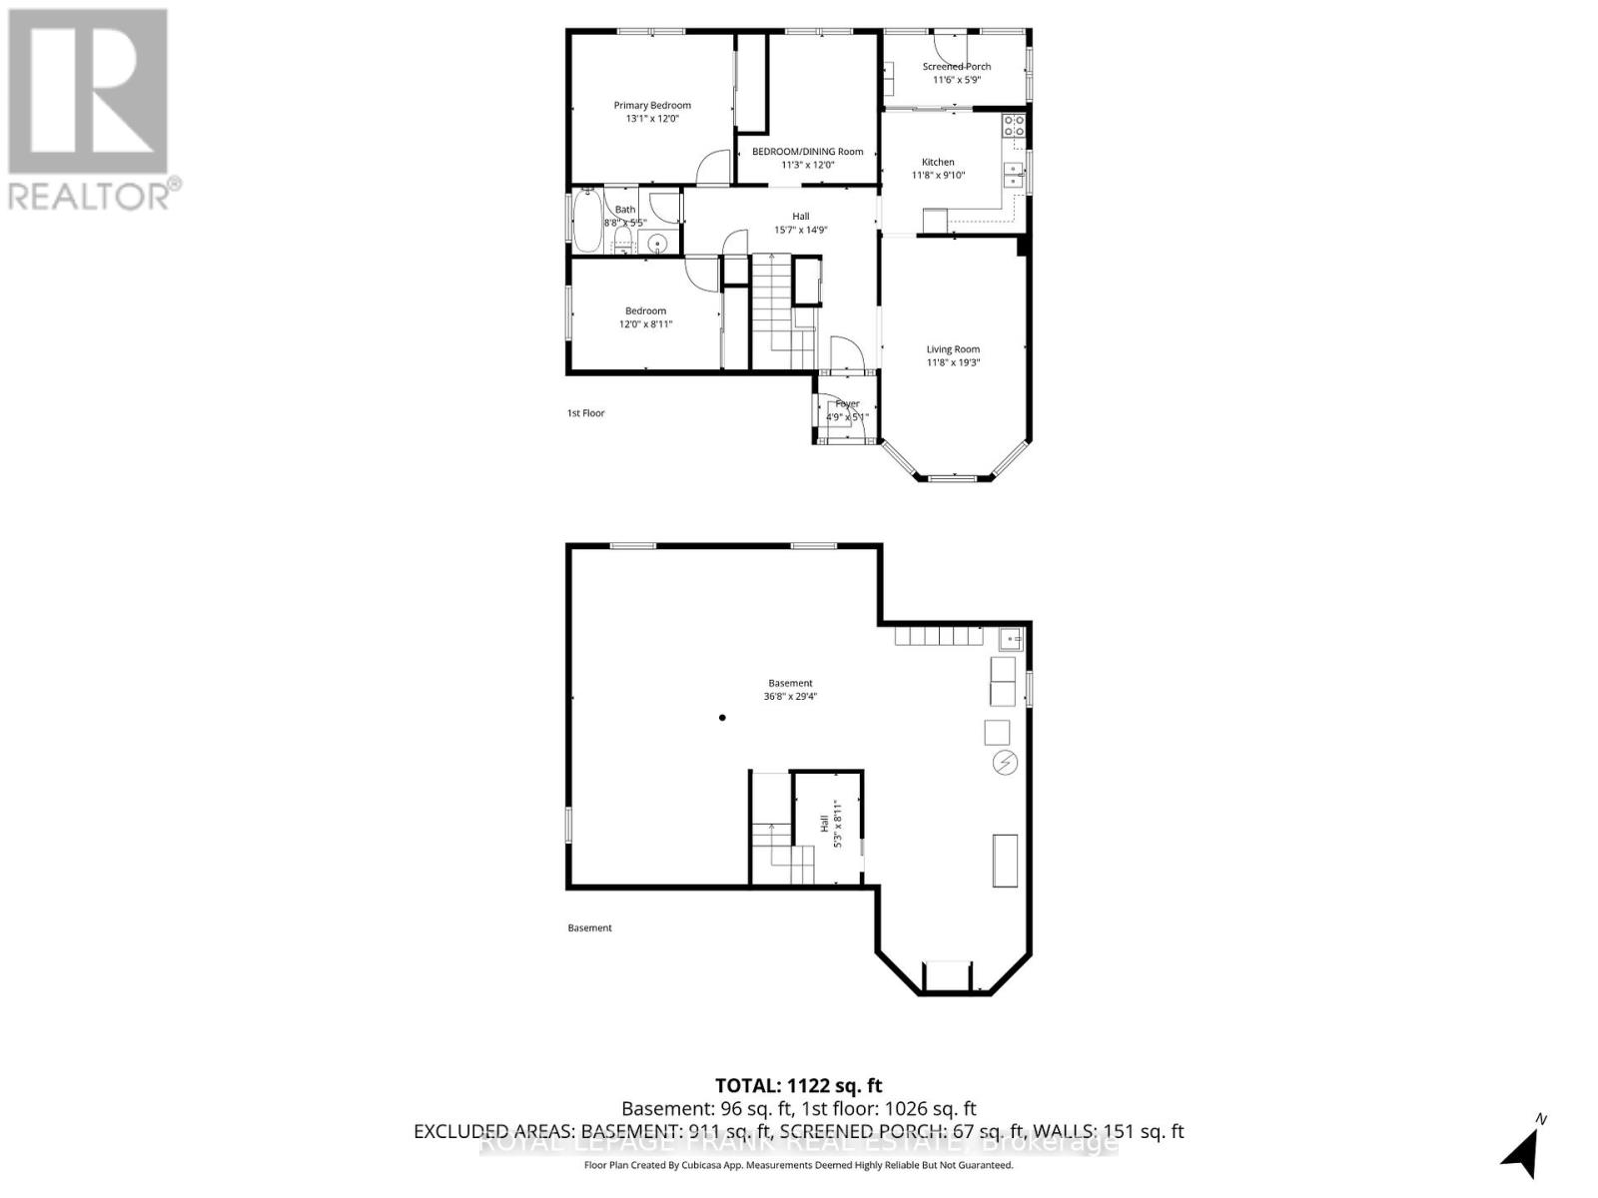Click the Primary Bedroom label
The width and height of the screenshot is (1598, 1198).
(x=651, y=105)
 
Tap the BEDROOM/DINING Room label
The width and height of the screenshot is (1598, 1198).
(x=807, y=152)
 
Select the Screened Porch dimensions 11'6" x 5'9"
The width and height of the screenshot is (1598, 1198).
(x=956, y=80)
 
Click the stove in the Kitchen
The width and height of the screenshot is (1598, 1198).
(x=1014, y=126)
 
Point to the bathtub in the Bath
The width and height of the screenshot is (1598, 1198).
(x=585, y=221)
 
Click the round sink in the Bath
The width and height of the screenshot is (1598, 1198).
(x=657, y=243)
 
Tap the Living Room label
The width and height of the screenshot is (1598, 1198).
(x=953, y=349)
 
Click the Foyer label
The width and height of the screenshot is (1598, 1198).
(x=847, y=403)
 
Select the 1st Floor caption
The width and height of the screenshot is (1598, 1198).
(x=585, y=412)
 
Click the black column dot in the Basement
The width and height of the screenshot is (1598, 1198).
(x=722, y=718)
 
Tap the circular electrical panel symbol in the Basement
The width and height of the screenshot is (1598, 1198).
(x=1005, y=764)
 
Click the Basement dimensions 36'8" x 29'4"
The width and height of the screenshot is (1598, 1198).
(x=790, y=697)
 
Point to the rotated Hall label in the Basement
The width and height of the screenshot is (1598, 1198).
(x=824, y=825)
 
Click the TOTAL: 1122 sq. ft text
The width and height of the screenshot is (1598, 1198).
(x=798, y=1085)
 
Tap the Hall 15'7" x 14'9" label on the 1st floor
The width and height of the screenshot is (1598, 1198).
(x=800, y=223)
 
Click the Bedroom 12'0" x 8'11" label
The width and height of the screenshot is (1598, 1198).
(x=645, y=317)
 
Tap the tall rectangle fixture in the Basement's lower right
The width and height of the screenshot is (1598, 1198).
(x=1005, y=861)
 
